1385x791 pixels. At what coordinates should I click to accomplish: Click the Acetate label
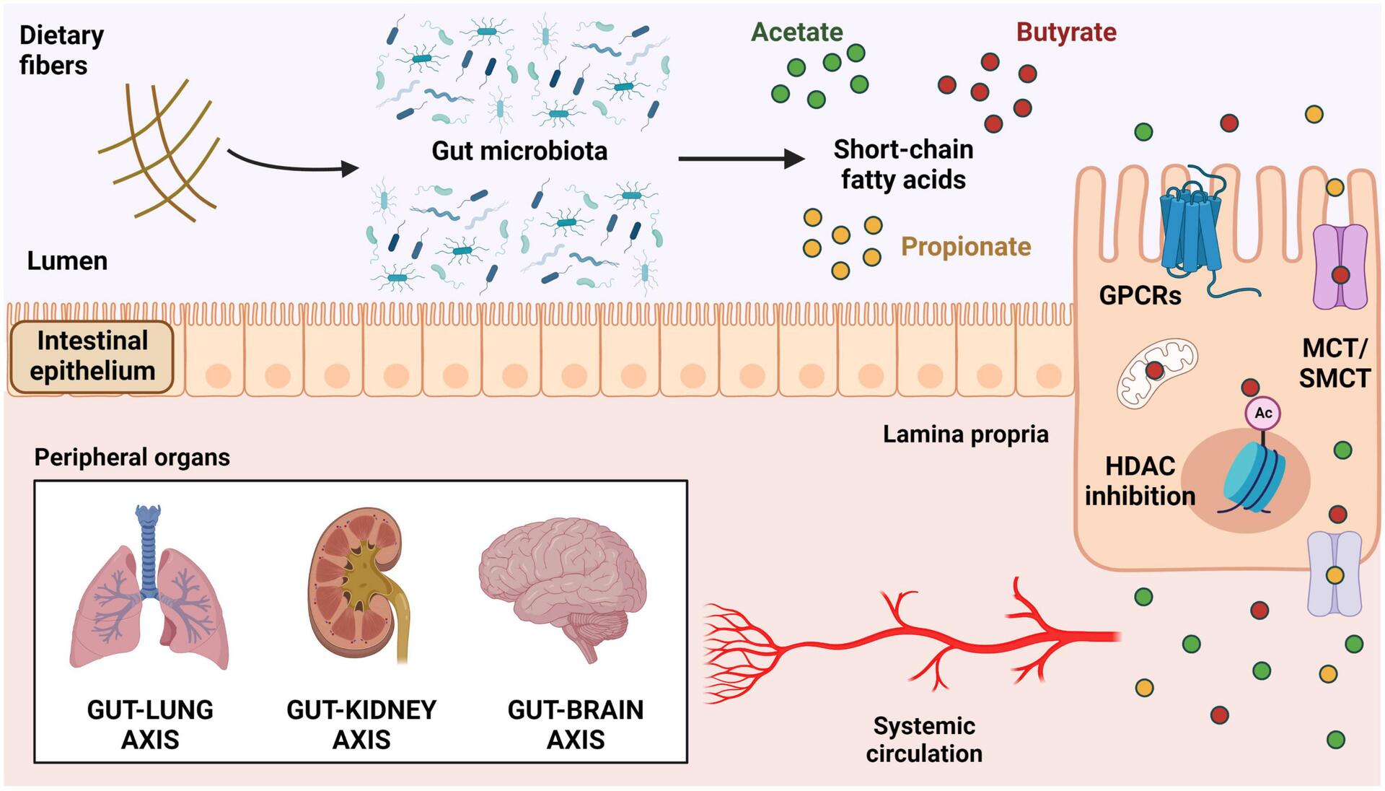coord(796,32)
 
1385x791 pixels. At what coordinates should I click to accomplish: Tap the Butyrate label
coord(1066,32)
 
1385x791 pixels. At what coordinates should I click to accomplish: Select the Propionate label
coord(965,247)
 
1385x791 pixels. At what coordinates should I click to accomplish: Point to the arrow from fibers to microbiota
coord(292,165)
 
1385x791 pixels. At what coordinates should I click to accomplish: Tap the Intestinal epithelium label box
coord(92,356)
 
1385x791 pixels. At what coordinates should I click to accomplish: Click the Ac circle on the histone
coord(1263,413)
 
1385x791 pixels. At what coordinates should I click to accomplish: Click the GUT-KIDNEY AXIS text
coord(361,725)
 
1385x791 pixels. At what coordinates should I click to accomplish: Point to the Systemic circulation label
coord(924,740)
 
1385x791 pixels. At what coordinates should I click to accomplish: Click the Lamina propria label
coord(965,434)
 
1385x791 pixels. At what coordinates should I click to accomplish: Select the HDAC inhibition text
coord(1140,481)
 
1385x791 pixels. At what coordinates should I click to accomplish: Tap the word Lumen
coord(67,261)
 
